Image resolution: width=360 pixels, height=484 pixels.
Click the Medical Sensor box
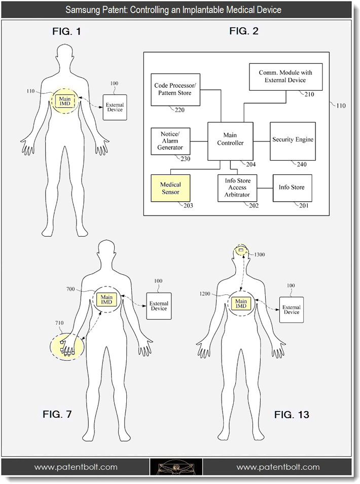coord(170,189)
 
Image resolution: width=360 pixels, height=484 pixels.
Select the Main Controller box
coord(230,141)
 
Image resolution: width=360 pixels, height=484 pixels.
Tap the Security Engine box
coord(293,141)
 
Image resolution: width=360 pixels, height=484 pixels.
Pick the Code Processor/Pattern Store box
coord(175,90)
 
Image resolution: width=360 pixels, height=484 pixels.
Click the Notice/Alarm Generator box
coord(170,141)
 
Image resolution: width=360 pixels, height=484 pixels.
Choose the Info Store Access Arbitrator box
coord(237,189)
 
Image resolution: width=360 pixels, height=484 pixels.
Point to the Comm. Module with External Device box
coord(285,77)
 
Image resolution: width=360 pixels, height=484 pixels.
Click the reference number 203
coord(188,206)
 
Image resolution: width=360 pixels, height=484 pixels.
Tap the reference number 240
coord(302,165)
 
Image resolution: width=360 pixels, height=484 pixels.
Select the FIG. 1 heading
coord(66,31)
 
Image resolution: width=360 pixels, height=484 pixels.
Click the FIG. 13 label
coord(292,415)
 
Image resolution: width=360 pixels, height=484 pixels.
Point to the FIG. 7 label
coord(57,414)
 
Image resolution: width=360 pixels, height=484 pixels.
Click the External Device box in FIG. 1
coord(115,107)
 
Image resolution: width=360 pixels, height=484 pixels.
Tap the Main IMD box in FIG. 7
coord(106,300)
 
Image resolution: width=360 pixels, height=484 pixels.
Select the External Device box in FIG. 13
coord(292,310)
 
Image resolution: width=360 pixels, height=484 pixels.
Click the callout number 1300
coord(259,254)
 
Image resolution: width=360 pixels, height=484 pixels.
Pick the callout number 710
coord(59,323)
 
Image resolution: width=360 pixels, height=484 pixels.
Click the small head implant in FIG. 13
coord(241,250)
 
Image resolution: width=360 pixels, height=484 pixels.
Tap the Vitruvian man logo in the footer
coord(176,467)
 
